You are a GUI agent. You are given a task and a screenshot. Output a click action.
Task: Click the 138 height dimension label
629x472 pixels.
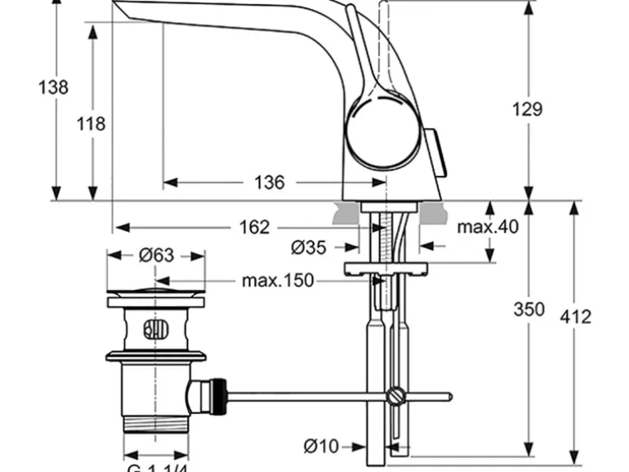[x=53, y=87]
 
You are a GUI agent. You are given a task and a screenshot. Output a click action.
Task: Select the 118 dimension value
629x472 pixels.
[x=91, y=124]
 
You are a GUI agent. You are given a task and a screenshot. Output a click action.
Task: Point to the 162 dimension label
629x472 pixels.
[x=254, y=227]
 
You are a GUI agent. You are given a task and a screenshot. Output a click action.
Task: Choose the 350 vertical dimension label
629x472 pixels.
[x=530, y=309]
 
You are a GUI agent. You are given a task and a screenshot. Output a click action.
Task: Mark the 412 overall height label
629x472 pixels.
[x=575, y=317]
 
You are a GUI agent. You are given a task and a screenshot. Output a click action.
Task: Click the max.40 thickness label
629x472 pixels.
[x=488, y=227]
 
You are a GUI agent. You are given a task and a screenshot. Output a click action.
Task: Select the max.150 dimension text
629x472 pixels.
[x=278, y=281]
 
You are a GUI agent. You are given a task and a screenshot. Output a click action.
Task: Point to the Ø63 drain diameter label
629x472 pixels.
[x=155, y=256]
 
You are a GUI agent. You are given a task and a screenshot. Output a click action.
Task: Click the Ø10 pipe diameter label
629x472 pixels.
[x=321, y=446]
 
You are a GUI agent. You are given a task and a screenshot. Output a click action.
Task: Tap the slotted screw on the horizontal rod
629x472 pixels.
[x=396, y=397]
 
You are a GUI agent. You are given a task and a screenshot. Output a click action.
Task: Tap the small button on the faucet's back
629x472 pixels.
[x=438, y=152]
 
